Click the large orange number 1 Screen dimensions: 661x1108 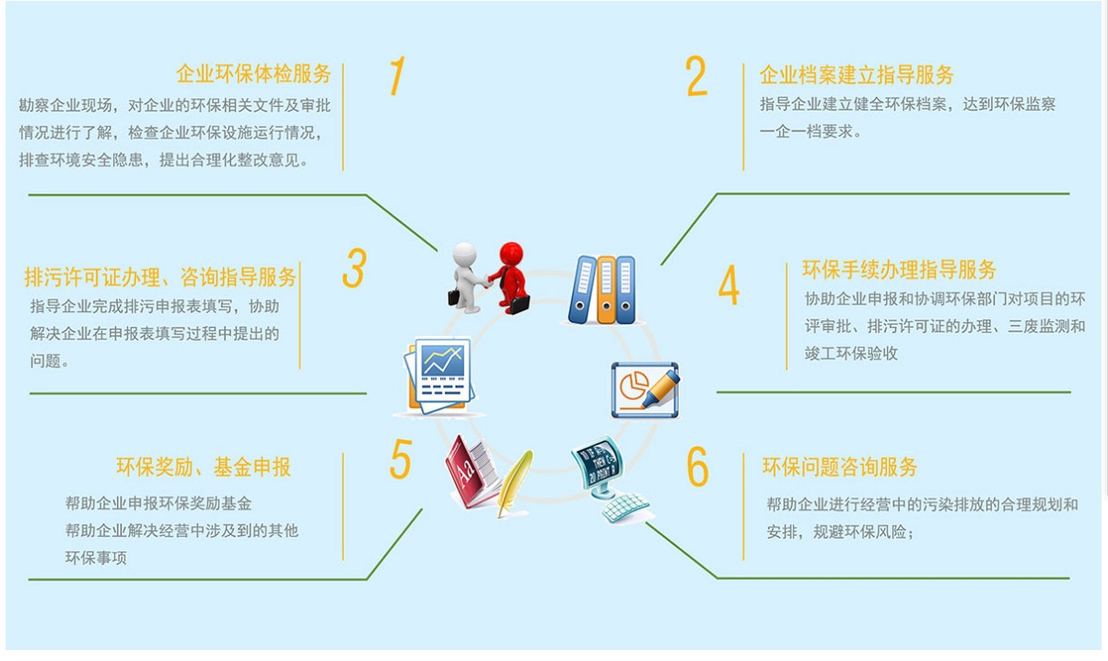(x=397, y=75)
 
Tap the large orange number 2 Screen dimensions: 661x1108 (x=697, y=76)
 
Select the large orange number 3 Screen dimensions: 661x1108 (x=355, y=268)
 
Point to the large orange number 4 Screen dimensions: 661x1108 (x=729, y=285)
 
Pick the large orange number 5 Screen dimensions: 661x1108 (x=400, y=459)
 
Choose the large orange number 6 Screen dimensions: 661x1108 (x=698, y=468)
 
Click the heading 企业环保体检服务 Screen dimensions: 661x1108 (x=253, y=75)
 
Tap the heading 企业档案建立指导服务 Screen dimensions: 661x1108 (x=857, y=75)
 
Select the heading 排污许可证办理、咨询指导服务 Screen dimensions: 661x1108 (x=161, y=276)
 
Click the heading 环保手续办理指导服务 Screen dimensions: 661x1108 (x=900, y=270)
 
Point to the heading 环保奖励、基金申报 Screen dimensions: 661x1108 (x=204, y=467)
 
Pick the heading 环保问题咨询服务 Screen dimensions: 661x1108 (x=840, y=467)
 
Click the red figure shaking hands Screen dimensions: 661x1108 (x=509, y=274)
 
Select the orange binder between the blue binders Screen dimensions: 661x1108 (x=606, y=289)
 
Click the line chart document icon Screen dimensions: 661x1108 (x=439, y=375)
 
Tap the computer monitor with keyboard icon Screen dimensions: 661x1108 (x=607, y=479)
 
